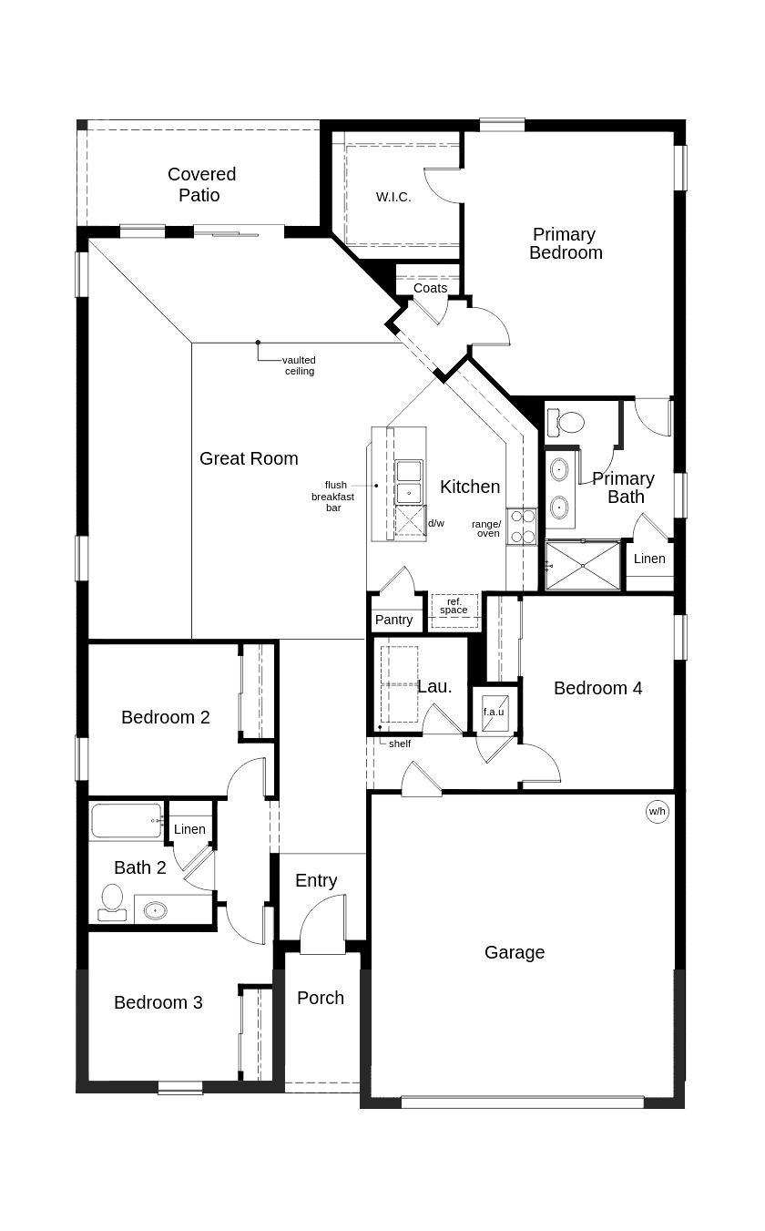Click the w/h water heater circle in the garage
[x=658, y=811]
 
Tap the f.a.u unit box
[x=494, y=712]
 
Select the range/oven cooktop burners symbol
[x=522, y=527]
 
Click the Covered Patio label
[x=200, y=184]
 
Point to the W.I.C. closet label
[x=393, y=197]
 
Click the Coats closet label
[x=430, y=288]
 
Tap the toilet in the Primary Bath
[x=568, y=421]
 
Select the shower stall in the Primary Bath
[x=583, y=565]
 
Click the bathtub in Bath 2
[x=127, y=820]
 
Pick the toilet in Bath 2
[x=112, y=899]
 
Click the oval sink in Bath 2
[x=156, y=909]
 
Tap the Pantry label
[x=393, y=620]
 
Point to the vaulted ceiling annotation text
[x=299, y=365]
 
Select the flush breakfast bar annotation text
[x=332, y=496]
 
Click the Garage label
[x=514, y=952]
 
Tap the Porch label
[x=321, y=998]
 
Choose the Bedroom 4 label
[x=597, y=688]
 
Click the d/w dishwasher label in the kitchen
[x=436, y=523]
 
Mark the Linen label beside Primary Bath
[x=649, y=559]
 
